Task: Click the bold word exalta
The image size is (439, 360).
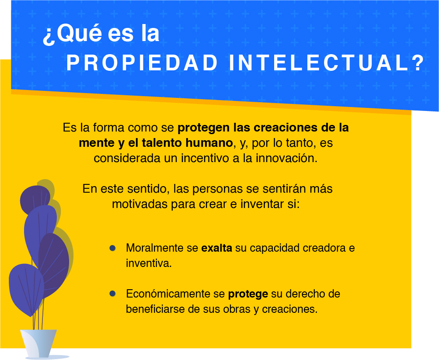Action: [x=216, y=248]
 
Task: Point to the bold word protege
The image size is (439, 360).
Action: [x=248, y=294]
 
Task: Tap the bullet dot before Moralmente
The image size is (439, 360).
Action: [x=112, y=248]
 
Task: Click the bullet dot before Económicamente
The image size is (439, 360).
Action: [x=112, y=293]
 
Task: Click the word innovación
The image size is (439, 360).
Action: [x=289, y=158]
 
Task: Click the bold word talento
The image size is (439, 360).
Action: [x=159, y=143]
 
